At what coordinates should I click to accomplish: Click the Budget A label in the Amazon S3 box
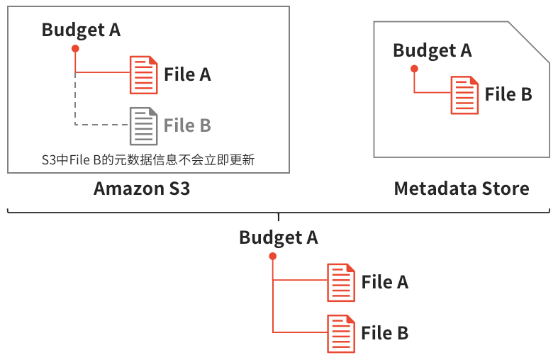tap(81, 30)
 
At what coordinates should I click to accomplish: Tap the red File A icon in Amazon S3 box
tap(143, 74)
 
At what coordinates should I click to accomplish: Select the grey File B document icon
tap(143, 125)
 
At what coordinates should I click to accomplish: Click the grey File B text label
tap(187, 125)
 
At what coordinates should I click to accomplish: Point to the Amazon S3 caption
tap(142, 189)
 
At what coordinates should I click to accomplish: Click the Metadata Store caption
tap(462, 189)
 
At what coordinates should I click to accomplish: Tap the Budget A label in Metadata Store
tap(432, 50)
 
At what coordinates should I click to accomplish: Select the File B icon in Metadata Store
tap(464, 95)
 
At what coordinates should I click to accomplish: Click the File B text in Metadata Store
tap(508, 94)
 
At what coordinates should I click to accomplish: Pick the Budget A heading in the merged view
tap(278, 237)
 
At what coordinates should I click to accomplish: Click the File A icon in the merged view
tap(340, 282)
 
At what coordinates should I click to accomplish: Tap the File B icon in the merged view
tap(340, 333)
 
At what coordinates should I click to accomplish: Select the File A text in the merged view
tap(384, 282)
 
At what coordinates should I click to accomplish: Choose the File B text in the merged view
tap(384, 333)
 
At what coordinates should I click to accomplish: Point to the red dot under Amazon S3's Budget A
tap(75, 48)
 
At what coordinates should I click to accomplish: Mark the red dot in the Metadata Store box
tap(415, 69)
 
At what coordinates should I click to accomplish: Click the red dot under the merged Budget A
tap(273, 256)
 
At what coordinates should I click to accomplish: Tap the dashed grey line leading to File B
tap(99, 125)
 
